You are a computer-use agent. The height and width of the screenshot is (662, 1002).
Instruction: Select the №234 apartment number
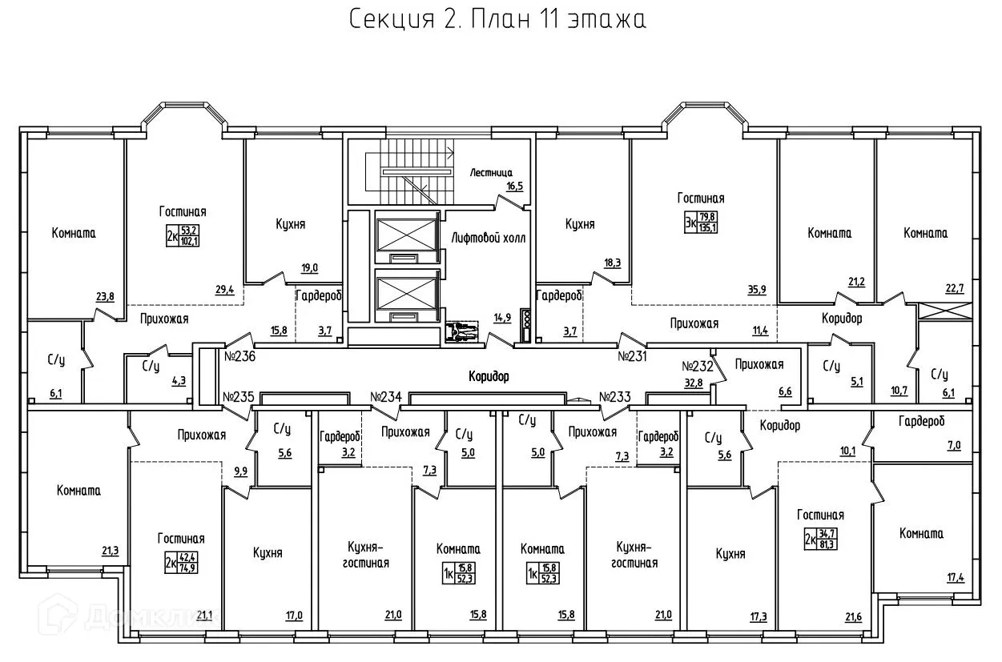386,396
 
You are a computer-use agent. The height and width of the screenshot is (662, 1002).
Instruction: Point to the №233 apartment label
615,396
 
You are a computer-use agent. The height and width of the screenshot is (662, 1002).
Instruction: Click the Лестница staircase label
491,172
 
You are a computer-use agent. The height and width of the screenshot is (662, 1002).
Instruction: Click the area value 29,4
224,291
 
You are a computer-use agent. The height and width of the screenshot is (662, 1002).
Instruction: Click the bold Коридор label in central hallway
489,375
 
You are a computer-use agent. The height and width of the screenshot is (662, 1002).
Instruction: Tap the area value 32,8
693,382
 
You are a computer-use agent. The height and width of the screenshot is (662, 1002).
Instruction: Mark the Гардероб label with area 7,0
921,421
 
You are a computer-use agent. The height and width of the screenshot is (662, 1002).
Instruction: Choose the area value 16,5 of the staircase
513,186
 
